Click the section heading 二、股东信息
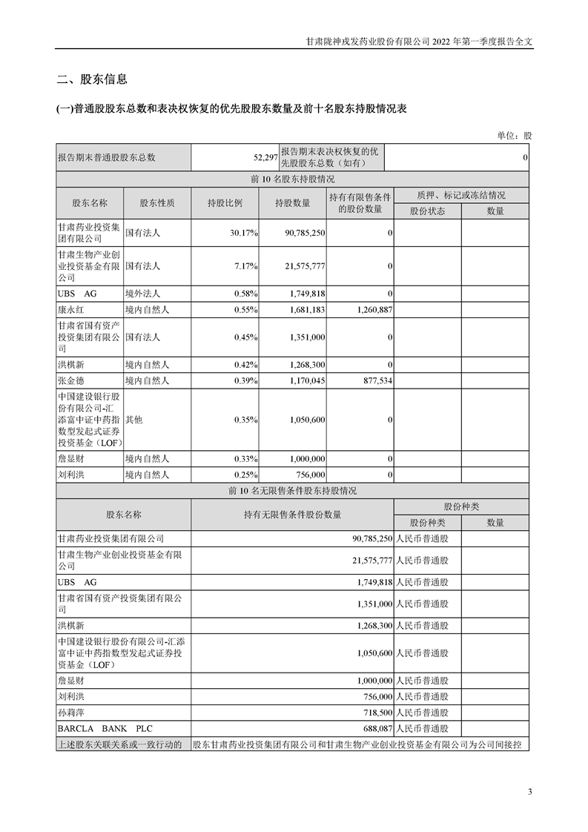point(92,80)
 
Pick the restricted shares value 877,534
point(375,380)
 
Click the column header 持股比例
point(225,202)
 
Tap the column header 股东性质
point(157,202)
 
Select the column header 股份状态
point(427,211)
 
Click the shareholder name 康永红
point(71,310)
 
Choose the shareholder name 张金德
point(71,380)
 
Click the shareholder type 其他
point(133,420)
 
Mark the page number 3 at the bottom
point(529,791)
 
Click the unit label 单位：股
point(514,136)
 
